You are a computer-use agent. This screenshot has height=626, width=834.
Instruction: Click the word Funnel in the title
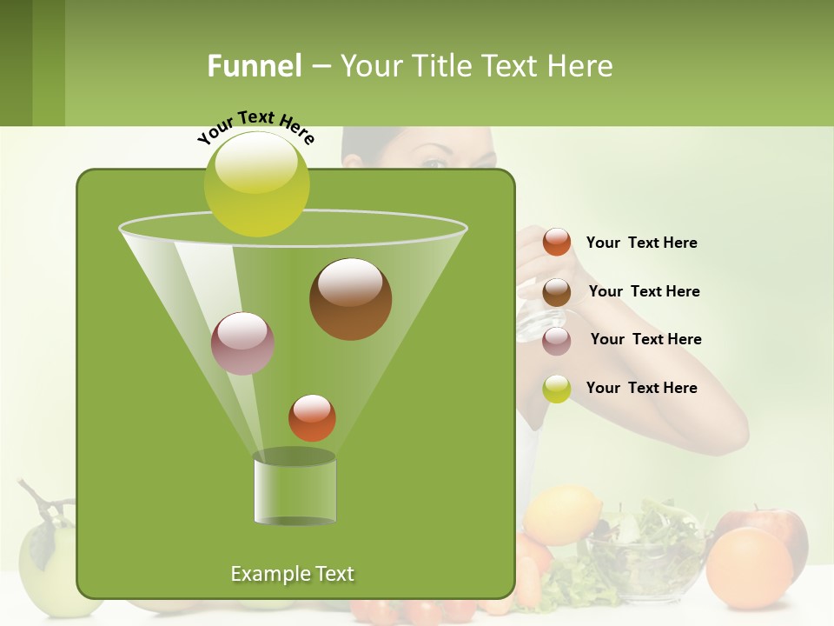pyautogui.click(x=254, y=66)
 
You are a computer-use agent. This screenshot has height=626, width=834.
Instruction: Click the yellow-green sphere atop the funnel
pyautogui.click(x=257, y=183)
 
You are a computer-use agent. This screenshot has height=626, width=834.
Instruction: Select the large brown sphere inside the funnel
pyautogui.click(x=350, y=298)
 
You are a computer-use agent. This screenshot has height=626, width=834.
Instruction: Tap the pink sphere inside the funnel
pyautogui.click(x=243, y=343)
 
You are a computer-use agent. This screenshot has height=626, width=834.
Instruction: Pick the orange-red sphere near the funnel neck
pyautogui.click(x=312, y=417)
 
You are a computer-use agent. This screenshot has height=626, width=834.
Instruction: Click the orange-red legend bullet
pyautogui.click(x=557, y=242)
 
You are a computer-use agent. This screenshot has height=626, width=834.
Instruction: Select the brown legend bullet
pyautogui.click(x=557, y=291)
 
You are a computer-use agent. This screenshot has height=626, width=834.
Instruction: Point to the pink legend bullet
pyautogui.click(x=557, y=340)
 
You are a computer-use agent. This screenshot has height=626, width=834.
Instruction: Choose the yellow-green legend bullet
pyautogui.click(x=557, y=389)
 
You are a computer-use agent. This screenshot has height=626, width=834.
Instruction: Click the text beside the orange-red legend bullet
pyautogui.click(x=641, y=243)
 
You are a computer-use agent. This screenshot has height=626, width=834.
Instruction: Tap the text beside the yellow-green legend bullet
pyautogui.click(x=641, y=388)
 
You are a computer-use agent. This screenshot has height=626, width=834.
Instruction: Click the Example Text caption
pyautogui.click(x=292, y=574)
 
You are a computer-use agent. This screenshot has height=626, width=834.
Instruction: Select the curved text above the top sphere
pyautogui.click(x=256, y=126)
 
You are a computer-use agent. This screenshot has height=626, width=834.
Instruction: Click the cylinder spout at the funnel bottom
pyautogui.click(x=295, y=489)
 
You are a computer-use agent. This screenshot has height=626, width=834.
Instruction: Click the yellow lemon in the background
pyautogui.click(x=562, y=514)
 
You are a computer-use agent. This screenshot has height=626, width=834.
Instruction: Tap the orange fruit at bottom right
pyautogui.click(x=749, y=567)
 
